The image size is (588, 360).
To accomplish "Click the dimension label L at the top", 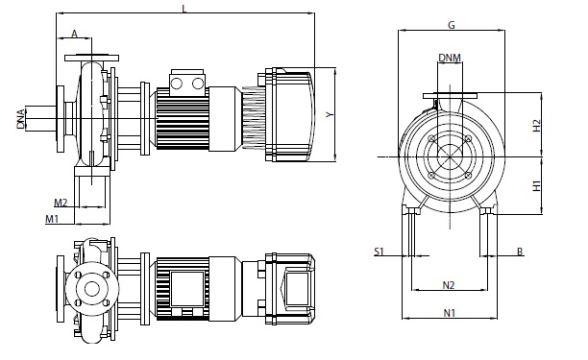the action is (184, 9).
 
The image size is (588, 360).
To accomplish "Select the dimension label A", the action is (74, 34).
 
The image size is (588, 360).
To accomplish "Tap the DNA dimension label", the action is (21, 119).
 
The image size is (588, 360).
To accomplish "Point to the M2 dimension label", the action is (61, 203).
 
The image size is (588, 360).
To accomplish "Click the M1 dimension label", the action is (52, 219).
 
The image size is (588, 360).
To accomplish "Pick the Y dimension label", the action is (330, 114).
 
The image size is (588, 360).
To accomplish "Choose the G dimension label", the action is (452, 25).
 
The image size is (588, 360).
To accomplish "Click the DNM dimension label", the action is (450, 58).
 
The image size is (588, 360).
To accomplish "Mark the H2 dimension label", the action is (537, 126).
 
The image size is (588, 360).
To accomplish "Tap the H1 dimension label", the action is (537, 186).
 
